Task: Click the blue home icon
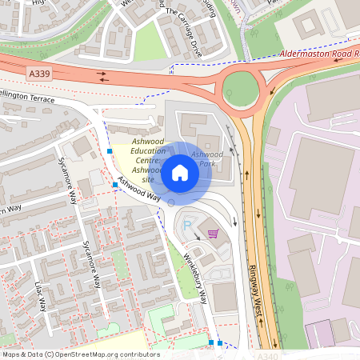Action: click(x=180, y=173)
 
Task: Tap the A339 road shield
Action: click(x=38, y=74)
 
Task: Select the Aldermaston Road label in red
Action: click(x=318, y=54)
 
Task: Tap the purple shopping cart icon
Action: click(x=213, y=234)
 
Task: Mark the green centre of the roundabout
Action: click(x=240, y=87)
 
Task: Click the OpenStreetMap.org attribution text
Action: click(x=102, y=354)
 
